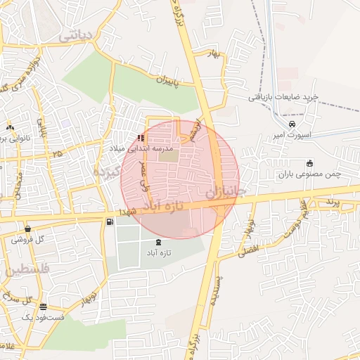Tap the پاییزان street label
[168, 82]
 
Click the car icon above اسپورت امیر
[281, 124]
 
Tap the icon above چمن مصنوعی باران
[309, 164]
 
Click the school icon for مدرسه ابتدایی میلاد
[142, 139]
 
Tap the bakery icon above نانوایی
[10, 127]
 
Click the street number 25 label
[57, 153]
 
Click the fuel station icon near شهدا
[110, 222]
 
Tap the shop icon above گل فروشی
[27, 229]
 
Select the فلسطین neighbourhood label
[26, 269]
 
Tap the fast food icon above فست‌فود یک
[44, 307]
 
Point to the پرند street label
[332, 202]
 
